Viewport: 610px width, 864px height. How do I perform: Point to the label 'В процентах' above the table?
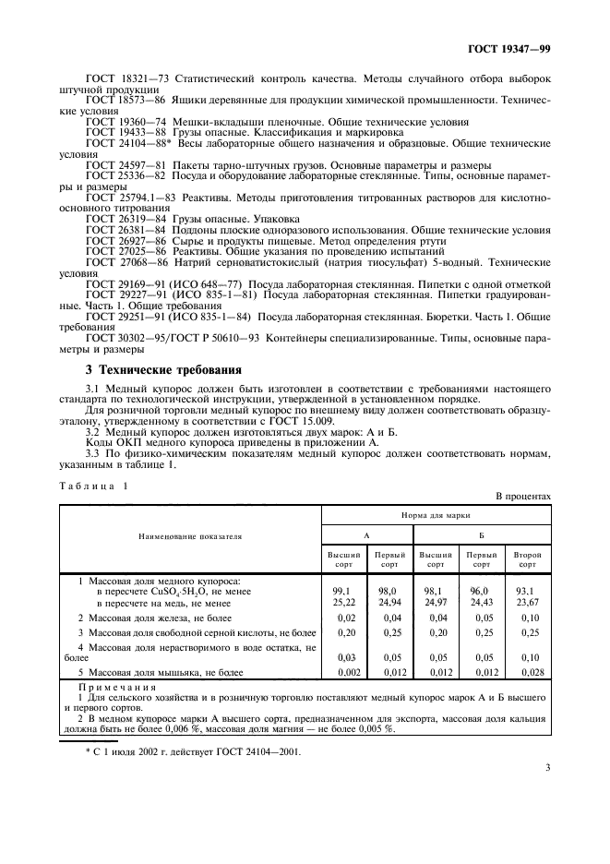(524, 496)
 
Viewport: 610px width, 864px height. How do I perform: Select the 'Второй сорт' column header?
(528, 558)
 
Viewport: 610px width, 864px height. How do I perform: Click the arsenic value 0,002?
(343, 673)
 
